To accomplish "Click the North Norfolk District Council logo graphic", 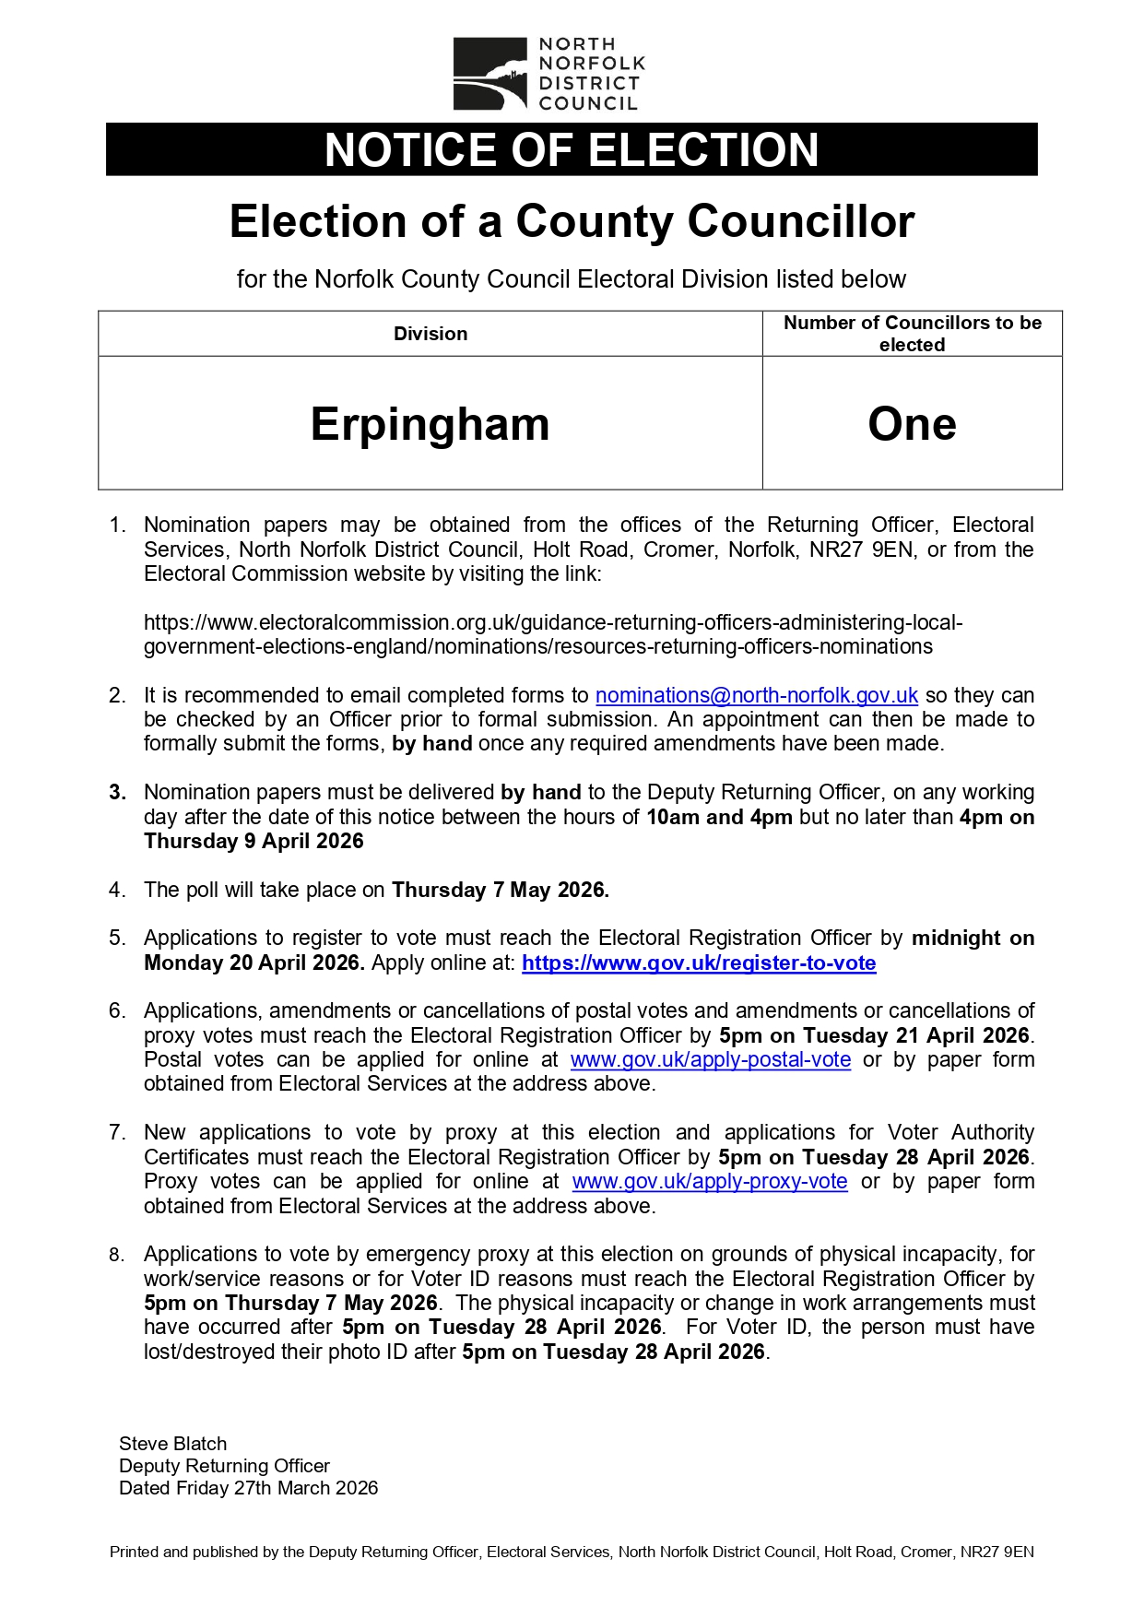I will [489, 74].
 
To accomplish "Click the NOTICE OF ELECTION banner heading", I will [572, 149].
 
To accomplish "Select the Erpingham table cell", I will [430, 423].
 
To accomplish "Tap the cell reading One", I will [912, 423].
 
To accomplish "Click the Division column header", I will [430, 334].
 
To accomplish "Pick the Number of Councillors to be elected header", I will [912, 334].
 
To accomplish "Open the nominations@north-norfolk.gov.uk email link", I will [756, 695].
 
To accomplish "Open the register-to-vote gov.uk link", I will [698, 963].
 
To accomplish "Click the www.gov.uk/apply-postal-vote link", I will [710, 1060].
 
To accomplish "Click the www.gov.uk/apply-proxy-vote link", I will [709, 1182].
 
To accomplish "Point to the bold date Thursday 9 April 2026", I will [254, 842].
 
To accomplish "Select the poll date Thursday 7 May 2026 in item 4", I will [500, 891].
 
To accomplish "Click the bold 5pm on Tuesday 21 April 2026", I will [873, 1036].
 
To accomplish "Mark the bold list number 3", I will [117, 793].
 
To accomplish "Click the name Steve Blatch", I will [172, 1444].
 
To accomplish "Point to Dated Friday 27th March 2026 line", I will [248, 1488].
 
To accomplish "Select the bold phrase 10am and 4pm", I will [719, 818].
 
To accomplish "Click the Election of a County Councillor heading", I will [572, 221].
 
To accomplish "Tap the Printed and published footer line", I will [572, 1553].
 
